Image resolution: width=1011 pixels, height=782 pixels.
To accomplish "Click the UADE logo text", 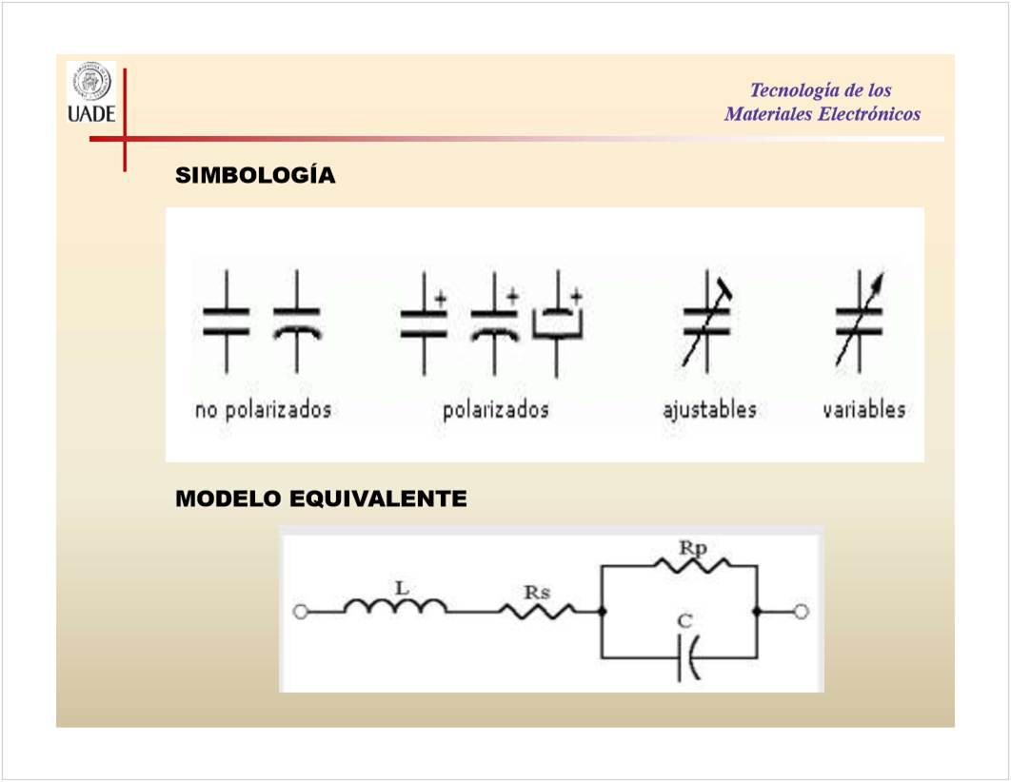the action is click(91, 114).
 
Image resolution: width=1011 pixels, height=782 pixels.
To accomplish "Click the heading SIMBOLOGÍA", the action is click(255, 174).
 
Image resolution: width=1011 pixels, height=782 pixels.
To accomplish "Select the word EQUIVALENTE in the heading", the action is click(378, 499).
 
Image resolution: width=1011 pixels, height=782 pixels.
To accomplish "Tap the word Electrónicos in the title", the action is click(869, 114).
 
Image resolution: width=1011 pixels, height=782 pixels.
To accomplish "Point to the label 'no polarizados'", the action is click(263, 410).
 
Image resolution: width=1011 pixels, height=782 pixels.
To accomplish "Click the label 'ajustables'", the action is click(710, 410).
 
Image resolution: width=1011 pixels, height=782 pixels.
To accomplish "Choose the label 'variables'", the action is click(864, 410).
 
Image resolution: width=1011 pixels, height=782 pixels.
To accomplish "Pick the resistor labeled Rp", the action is click(692, 565).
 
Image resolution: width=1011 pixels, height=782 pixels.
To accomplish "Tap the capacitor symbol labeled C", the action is click(688, 658).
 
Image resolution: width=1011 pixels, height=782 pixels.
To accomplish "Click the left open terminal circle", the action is click(301, 612).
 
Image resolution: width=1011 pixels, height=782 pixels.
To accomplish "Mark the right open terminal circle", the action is click(801, 612).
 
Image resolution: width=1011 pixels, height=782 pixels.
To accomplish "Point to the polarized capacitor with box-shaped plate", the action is click(558, 323).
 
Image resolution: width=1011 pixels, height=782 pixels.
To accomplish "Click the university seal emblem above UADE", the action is click(91, 83).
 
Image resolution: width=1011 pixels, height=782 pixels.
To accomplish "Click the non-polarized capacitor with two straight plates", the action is click(227, 323).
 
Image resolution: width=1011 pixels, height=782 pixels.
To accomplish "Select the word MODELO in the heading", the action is click(228, 499).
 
